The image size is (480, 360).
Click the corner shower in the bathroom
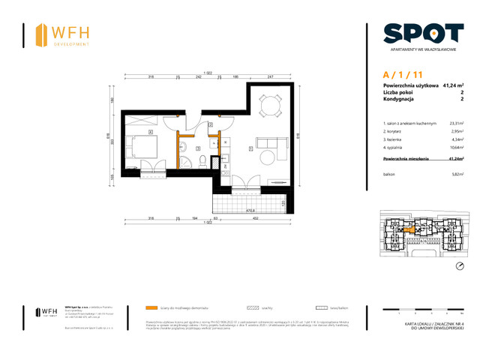[217, 162]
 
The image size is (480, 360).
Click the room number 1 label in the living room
[250, 148]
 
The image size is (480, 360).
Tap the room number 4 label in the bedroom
[151, 133]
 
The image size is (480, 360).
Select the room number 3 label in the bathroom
[197, 148]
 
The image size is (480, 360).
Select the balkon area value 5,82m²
[457, 174]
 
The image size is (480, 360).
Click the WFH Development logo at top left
[64, 35]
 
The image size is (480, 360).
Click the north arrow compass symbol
[459, 266]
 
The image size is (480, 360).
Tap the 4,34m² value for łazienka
[457, 140]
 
